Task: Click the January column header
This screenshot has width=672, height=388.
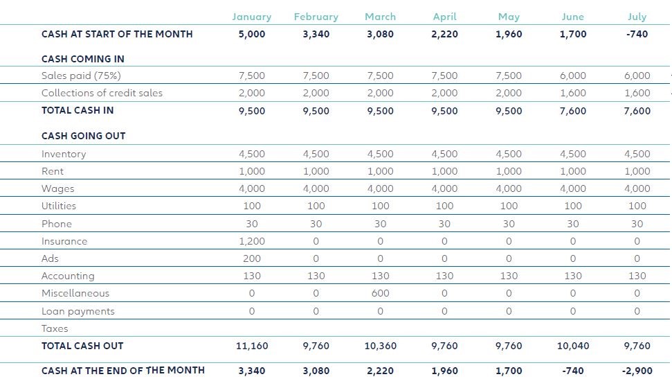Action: [x=252, y=17]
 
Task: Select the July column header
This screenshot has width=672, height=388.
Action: [x=637, y=17]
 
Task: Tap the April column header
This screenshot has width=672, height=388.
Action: [x=444, y=17]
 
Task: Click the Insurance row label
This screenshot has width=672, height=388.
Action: [x=64, y=241]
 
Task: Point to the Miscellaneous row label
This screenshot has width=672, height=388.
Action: [x=75, y=293]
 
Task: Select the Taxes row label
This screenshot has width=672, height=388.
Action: [x=55, y=328]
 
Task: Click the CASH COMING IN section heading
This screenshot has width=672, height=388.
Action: [x=83, y=59]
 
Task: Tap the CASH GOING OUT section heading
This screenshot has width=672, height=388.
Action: [x=84, y=136]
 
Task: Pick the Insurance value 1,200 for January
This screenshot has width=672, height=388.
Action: [x=252, y=241]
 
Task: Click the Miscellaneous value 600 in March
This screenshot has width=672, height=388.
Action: [x=381, y=293]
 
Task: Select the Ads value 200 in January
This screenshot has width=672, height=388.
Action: [x=252, y=258]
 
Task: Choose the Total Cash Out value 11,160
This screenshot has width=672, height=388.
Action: [x=252, y=346]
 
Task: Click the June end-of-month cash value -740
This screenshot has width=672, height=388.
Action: [x=573, y=371]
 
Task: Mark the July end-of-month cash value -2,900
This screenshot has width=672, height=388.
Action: [x=637, y=371]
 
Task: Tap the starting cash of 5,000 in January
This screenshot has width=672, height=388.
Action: [x=252, y=34]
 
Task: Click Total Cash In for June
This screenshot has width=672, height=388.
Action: [x=573, y=111]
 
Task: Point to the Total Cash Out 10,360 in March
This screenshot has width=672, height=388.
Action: [x=381, y=346]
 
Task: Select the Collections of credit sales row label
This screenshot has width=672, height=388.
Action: [x=102, y=93]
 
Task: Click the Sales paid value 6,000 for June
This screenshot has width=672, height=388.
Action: [x=573, y=76]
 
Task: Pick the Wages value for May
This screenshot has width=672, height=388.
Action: [x=509, y=188]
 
